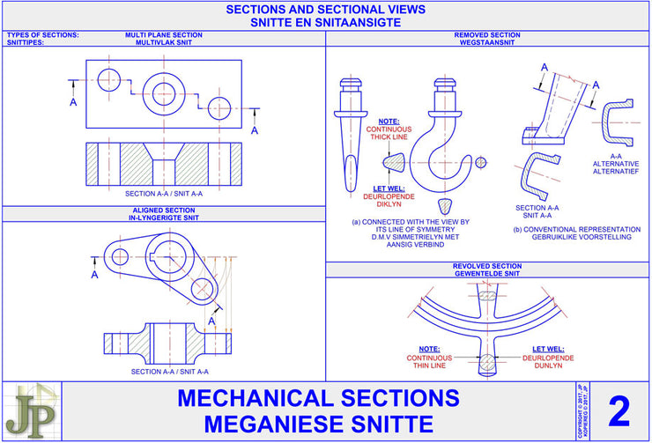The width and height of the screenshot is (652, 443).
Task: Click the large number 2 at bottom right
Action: click(619, 411)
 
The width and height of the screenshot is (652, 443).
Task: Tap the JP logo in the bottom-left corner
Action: click(30, 411)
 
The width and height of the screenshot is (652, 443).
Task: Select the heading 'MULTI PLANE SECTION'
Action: click(163, 35)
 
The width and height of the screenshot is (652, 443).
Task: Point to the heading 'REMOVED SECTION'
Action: click(487, 35)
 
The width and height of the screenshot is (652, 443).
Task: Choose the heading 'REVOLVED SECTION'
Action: click(487, 266)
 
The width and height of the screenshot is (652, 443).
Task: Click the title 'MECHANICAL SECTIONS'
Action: click(326, 398)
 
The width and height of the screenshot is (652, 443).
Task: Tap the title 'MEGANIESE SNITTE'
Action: click(326, 424)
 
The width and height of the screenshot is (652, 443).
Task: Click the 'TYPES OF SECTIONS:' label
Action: click(42, 35)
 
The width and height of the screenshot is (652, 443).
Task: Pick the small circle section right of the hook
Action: click(480, 163)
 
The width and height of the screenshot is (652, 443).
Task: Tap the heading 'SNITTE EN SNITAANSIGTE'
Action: click(326, 23)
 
